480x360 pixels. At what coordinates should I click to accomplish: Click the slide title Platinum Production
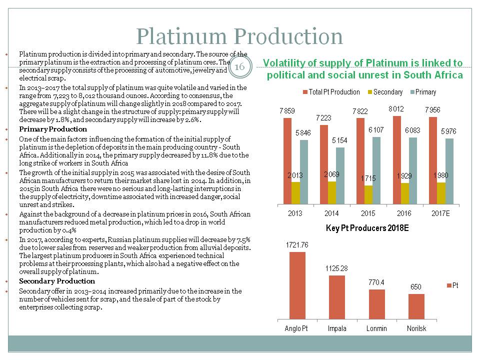tap(239, 36)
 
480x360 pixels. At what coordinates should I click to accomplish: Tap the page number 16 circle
tap(239, 67)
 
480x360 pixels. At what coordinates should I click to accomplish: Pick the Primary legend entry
tap(425, 92)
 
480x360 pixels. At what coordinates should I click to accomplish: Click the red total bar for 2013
tap(287, 160)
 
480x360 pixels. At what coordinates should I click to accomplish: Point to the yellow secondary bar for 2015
tap(368, 194)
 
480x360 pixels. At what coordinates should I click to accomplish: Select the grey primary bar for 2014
tap(340, 175)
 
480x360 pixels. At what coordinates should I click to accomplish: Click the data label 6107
tap(376, 130)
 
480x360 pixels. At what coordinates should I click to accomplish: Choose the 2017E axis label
tap(440, 213)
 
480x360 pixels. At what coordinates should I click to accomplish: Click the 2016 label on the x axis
tap(404, 213)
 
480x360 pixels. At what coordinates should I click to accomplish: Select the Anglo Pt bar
tap(297, 285)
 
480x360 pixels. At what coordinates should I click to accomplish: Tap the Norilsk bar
tap(416, 306)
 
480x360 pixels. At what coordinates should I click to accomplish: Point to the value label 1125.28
tap(337, 268)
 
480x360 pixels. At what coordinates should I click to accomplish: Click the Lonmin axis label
tap(376, 328)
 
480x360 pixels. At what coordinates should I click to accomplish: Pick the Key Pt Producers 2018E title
tap(367, 228)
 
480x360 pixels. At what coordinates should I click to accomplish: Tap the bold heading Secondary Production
tap(56, 281)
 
